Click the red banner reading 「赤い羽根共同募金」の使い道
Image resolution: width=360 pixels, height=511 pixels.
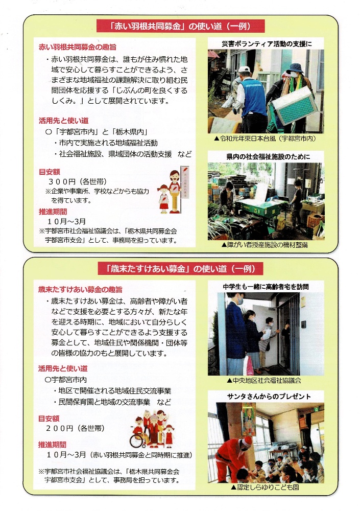click(180, 26)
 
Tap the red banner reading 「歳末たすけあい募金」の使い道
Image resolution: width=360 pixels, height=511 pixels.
click(180, 269)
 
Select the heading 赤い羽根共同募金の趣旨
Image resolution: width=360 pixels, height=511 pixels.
click(78, 47)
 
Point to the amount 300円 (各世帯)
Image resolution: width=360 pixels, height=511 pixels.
click(78, 181)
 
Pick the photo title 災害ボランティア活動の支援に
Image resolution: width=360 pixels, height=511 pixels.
click(267, 43)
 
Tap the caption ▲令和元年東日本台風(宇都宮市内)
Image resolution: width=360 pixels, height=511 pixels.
click(265, 138)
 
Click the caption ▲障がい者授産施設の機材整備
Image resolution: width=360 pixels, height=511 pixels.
click(264, 245)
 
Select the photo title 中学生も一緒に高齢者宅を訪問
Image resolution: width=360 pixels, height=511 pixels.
click(266, 287)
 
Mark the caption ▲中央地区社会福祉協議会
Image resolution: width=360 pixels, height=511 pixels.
click(264, 380)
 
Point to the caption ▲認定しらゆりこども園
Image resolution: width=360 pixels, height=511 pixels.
click(265, 487)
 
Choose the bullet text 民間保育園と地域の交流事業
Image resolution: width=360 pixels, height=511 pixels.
click(104, 402)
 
